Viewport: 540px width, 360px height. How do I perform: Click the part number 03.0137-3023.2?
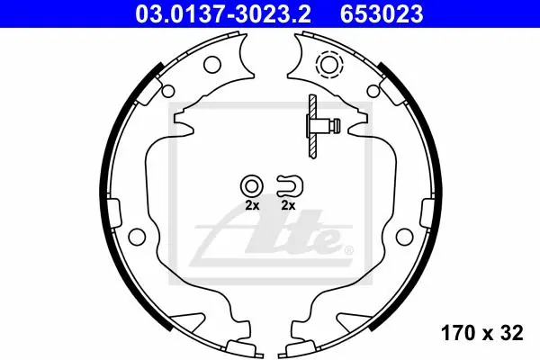[222, 14]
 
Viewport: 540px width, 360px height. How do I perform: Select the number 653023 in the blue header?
[382, 14]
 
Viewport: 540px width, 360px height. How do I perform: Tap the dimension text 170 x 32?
[482, 333]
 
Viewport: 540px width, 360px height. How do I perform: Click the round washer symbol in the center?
[252, 186]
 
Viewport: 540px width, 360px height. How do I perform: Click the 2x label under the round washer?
[252, 206]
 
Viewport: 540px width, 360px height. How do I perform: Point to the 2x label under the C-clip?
[288, 206]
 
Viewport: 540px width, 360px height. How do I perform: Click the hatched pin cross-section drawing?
[312, 126]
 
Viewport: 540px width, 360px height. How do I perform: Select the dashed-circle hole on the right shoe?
[329, 64]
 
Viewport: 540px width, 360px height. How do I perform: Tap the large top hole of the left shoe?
[211, 64]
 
